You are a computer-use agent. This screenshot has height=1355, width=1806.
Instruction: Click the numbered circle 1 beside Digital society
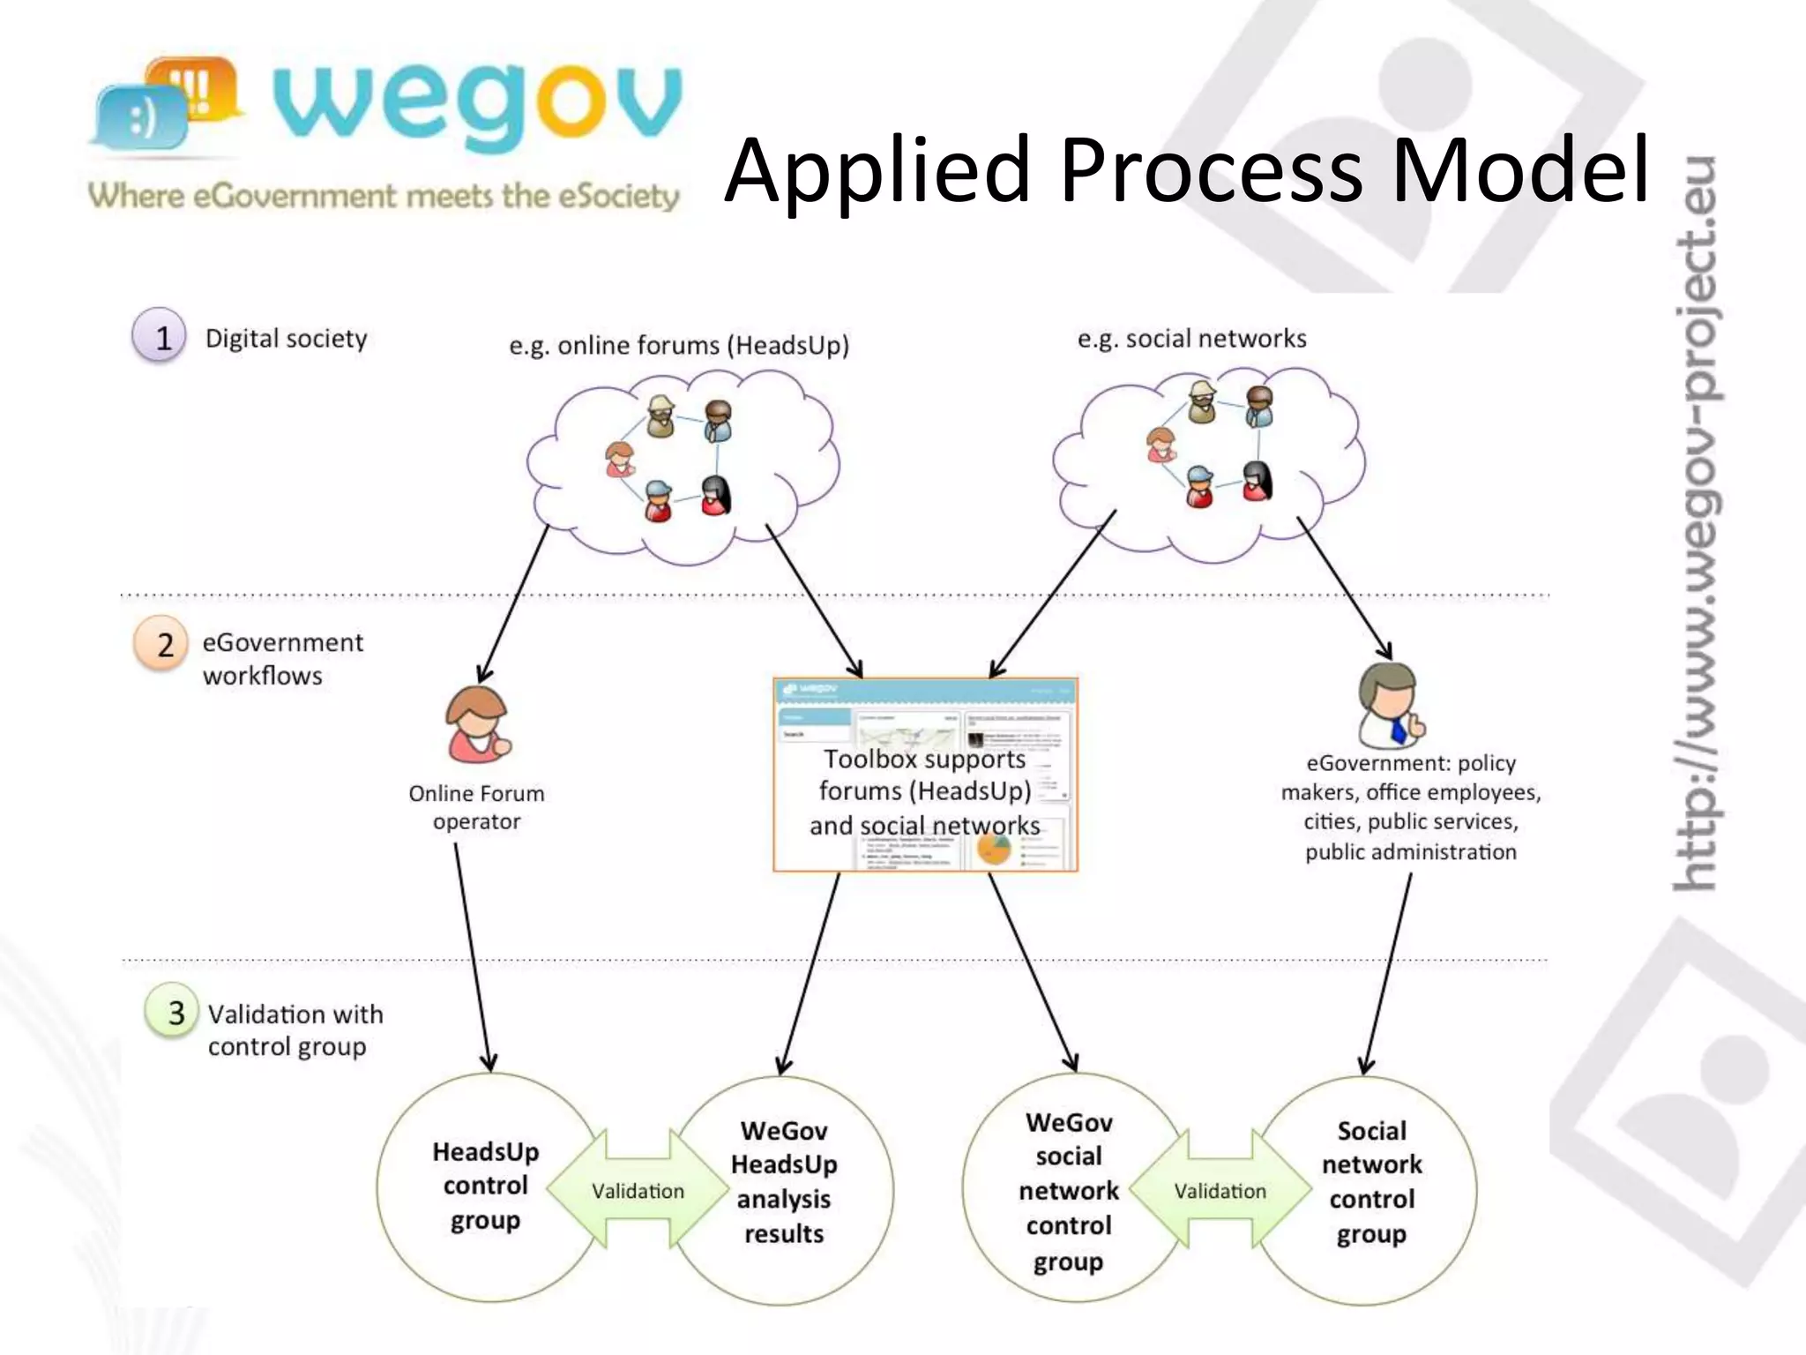(x=160, y=336)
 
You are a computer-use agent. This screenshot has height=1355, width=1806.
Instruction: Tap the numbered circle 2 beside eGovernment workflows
(x=161, y=644)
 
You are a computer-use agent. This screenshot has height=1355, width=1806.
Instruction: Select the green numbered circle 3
(x=172, y=1011)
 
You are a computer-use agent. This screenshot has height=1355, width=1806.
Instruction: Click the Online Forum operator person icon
(x=477, y=725)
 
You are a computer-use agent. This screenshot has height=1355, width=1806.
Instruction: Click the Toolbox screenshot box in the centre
(x=925, y=775)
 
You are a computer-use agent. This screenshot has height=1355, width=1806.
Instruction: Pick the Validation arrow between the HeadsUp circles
(x=638, y=1190)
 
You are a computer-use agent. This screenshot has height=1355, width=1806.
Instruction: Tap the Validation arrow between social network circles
(x=1220, y=1190)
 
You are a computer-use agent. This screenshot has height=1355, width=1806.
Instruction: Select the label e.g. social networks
(x=1191, y=339)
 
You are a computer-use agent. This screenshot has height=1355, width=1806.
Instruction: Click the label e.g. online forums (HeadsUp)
(x=679, y=345)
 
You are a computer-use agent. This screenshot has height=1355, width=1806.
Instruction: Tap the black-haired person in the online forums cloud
(x=715, y=495)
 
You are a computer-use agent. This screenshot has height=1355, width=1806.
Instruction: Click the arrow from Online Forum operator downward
(x=473, y=957)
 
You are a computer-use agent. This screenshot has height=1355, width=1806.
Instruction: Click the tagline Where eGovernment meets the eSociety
(x=384, y=196)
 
